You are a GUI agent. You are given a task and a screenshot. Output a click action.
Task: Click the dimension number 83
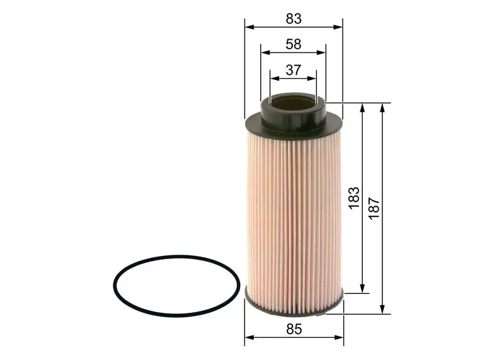(294, 19)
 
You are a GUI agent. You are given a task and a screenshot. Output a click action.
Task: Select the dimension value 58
(293, 44)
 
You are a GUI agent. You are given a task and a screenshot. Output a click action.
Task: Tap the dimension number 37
(293, 70)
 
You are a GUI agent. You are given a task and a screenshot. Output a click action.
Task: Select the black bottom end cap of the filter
(294, 303)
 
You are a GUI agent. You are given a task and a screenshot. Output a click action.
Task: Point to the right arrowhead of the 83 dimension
(340, 27)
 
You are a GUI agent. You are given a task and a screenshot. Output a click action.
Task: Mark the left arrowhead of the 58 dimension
(263, 53)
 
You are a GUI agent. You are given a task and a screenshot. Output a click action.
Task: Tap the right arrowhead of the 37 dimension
(313, 78)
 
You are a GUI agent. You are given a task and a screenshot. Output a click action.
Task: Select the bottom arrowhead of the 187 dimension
(382, 309)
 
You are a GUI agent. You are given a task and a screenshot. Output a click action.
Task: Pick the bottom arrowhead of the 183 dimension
(363, 289)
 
